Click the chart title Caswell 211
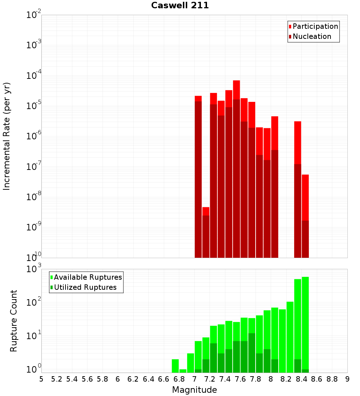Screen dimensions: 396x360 [x=180, y=6]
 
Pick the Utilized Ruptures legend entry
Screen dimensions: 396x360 [x=85, y=287]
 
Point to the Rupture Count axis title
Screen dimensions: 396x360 [x=14, y=321]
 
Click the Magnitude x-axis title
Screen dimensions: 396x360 [x=194, y=390]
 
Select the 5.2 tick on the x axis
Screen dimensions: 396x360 [x=57, y=379]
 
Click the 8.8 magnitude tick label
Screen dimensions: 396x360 [x=332, y=379]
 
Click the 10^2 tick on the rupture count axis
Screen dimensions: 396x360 [x=34, y=302]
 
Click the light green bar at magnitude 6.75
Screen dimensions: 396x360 [x=175, y=366]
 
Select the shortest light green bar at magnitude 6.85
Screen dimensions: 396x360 [x=183, y=371]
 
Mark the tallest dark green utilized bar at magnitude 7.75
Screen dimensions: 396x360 [x=252, y=353]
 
